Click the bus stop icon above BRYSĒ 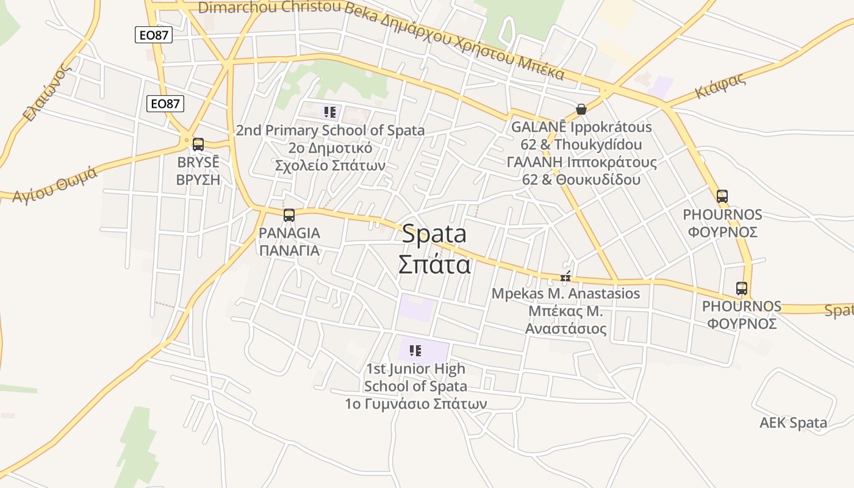(198, 145)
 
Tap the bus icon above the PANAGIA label (289, 215)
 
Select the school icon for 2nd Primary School (330, 112)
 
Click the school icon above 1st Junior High (415, 350)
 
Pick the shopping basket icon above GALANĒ (581, 109)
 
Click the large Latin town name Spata (434, 234)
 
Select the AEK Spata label (793, 423)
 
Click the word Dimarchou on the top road (237, 7)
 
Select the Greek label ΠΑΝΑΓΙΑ (289, 250)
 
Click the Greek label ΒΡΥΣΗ (198, 180)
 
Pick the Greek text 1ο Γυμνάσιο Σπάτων (415, 404)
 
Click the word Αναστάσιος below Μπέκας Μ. (567, 329)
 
